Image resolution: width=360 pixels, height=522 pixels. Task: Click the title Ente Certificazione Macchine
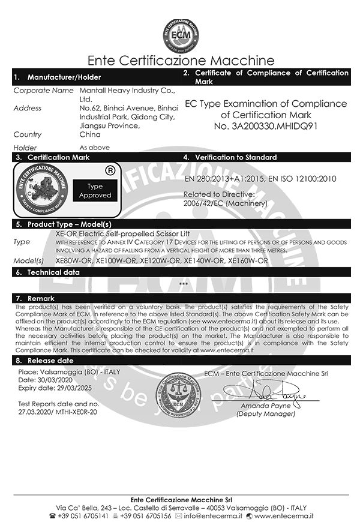[181, 61]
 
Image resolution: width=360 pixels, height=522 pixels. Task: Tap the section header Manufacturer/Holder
[64, 77]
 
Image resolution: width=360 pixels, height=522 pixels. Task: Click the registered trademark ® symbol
[110, 170]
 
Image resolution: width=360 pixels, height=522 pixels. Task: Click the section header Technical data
[54, 272]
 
